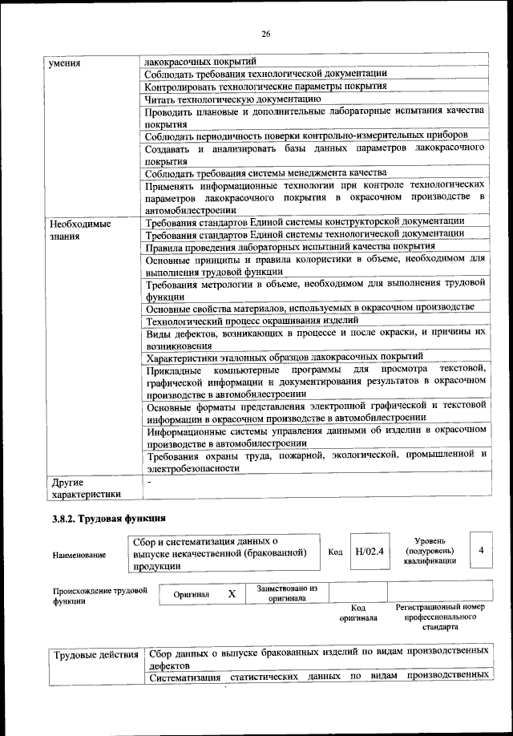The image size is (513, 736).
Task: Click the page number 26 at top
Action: (x=265, y=34)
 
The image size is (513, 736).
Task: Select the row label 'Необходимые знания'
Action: (x=79, y=230)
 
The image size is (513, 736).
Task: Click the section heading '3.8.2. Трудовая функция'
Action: (x=108, y=519)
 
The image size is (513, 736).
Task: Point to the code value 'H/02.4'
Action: (x=370, y=552)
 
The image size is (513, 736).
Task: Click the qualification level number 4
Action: (x=480, y=551)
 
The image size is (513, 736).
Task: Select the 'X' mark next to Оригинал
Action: (x=232, y=594)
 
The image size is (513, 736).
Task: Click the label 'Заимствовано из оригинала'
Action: (x=287, y=593)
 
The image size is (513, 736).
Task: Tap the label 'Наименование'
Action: (x=79, y=554)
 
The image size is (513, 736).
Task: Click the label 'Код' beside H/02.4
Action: (x=336, y=552)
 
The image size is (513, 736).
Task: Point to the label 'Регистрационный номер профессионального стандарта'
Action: (x=440, y=617)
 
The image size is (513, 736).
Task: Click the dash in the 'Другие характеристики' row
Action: (x=149, y=483)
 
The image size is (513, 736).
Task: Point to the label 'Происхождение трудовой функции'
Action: (x=100, y=595)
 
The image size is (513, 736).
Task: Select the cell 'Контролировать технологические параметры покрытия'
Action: (x=266, y=87)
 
